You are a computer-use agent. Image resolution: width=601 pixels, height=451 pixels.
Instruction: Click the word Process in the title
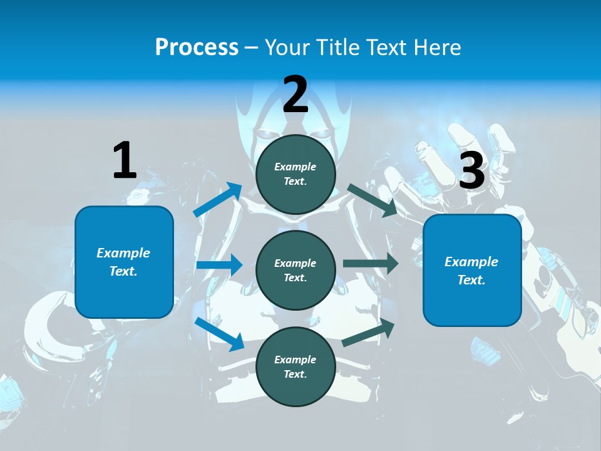point(197,48)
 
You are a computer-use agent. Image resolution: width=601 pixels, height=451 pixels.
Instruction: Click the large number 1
point(125,161)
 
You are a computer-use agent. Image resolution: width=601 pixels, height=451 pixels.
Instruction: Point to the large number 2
point(295,95)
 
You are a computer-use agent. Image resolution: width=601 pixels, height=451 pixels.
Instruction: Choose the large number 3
point(472,171)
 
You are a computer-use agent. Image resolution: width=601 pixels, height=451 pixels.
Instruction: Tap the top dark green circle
point(295,174)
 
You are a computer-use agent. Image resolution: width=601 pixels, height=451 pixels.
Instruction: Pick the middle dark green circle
point(295,271)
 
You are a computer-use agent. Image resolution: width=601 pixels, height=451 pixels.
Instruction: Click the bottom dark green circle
point(295,366)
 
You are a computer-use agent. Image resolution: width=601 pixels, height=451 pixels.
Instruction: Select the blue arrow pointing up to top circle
point(218,200)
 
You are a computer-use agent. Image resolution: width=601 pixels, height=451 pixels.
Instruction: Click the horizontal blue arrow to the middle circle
point(219,265)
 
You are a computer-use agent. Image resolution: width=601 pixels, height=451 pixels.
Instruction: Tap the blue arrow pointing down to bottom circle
point(219,334)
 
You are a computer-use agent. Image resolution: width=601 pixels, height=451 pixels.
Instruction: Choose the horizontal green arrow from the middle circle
point(371,263)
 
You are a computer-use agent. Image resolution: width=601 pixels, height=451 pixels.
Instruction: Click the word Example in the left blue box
point(123,253)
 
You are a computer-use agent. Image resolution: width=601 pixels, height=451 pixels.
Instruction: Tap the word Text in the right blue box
point(471,280)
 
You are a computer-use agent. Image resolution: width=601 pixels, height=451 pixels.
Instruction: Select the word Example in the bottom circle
point(295,360)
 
